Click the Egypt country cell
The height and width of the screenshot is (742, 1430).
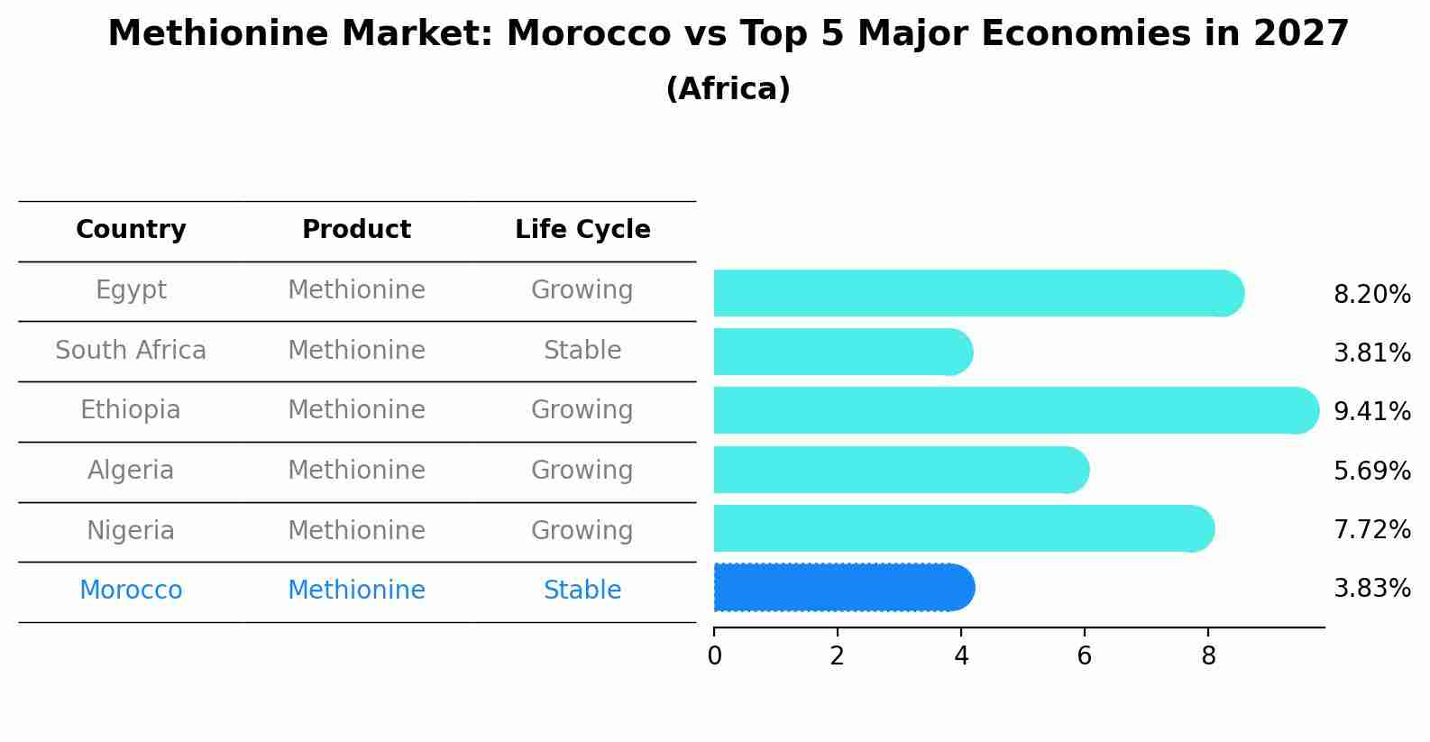[131, 290]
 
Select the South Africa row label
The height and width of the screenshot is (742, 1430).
[131, 351]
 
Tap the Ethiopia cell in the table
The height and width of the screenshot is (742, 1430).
[131, 410]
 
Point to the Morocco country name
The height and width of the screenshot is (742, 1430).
[131, 591]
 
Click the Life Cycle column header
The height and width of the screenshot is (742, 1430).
[582, 230]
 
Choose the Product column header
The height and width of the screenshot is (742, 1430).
[356, 230]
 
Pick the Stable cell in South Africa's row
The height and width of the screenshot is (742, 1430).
[582, 351]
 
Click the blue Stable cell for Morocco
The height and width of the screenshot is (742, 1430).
[582, 591]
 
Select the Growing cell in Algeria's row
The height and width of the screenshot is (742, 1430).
[582, 471]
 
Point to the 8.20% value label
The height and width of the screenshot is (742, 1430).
[1371, 295]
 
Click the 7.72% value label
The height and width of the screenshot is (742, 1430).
[1371, 530]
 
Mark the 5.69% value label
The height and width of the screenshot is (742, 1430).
[1371, 472]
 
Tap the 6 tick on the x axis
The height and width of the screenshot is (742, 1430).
[1085, 656]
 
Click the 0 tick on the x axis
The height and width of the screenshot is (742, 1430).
[715, 656]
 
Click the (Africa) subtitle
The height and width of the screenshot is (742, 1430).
[728, 89]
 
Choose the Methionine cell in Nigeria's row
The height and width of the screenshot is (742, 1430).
[356, 531]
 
